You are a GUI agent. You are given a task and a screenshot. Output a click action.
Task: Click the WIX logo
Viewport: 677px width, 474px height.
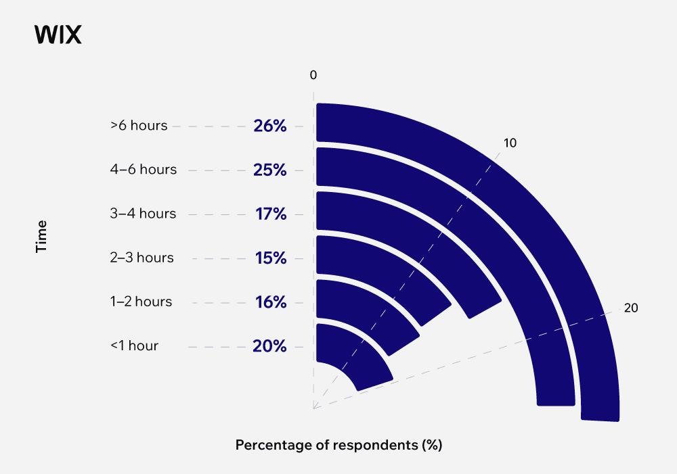pyautogui.click(x=58, y=34)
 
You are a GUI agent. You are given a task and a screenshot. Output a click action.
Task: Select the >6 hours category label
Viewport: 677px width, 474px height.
pyautogui.click(x=139, y=126)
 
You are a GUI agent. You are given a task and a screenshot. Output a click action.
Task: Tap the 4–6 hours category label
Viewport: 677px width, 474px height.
pyautogui.click(x=143, y=170)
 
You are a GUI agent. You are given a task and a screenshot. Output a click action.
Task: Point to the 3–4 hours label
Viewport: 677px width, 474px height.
pyautogui.click(x=143, y=214)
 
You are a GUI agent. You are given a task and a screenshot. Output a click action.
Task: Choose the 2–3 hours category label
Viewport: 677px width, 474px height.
pyautogui.click(x=141, y=258)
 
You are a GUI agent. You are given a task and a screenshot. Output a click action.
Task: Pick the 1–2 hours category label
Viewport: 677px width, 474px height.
pyautogui.click(x=141, y=302)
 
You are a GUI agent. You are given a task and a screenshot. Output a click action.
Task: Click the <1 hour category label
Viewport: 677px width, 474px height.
pyautogui.click(x=134, y=346)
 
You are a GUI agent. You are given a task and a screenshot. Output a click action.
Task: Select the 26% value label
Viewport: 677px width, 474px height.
pyautogui.click(x=270, y=126)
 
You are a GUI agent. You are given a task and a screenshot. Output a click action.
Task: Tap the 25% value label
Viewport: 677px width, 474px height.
pyautogui.click(x=270, y=170)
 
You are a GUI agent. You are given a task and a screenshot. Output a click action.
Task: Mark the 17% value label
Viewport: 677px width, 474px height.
pyautogui.click(x=271, y=214)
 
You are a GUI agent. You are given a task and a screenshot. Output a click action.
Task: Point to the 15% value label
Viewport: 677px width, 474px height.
pyautogui.click(x=271, y=258)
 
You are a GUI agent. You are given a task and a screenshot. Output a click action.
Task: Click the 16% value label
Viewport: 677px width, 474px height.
pyautogui.click(x=271, y=302)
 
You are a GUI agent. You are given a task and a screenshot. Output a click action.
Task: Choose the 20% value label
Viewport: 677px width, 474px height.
pyautogui.click(x=270, y=346)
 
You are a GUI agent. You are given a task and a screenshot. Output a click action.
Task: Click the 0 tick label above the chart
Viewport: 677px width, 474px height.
pyautogui.click(x=313, y=75)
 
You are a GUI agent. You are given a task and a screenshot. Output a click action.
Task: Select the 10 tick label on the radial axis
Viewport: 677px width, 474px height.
pyautogui.click(x=510, y=143)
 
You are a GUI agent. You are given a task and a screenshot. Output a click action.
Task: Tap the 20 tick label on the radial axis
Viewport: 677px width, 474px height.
pyautogui.click(x=631, y=308)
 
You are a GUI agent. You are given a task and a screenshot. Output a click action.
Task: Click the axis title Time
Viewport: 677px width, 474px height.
pyautogui.click(x=42, y=236)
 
